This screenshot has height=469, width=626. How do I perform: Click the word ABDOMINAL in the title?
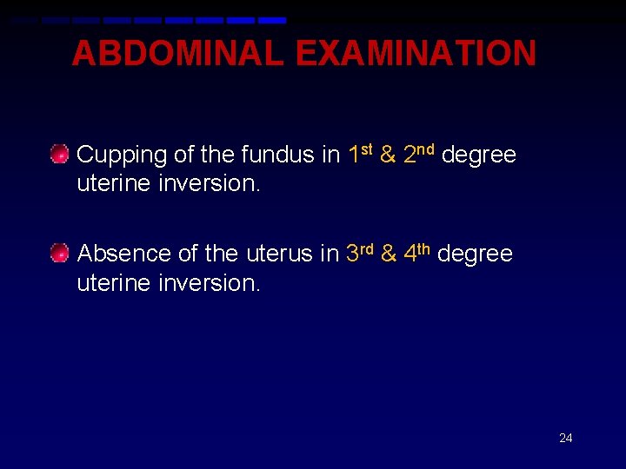[x=177, y=54]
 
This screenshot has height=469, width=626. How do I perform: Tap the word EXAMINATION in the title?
[x=416, y=54]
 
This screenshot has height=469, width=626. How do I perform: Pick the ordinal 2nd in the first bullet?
[x=419, y=155]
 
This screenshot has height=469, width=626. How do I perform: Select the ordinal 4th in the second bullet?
[x=417, y=253]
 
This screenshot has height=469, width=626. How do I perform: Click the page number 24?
[x=565, y=438]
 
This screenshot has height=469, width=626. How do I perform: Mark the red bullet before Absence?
[x=59, y=254]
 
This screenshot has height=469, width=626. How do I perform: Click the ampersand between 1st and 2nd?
[x=388, y=155]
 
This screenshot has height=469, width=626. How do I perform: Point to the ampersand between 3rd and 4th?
[x=389, y=254]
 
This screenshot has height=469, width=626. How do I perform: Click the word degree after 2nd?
[x=479, y=155]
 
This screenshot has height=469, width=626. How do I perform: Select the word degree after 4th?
[x=476, y=254]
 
